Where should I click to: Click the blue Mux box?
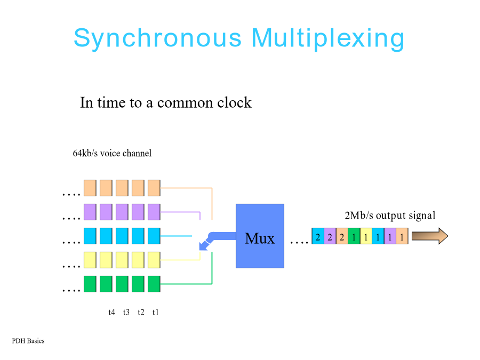click(260, 236)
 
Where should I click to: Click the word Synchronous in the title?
click(158, 38)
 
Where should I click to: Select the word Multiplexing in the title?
click(328, 38)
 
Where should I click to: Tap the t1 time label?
click(156, 312)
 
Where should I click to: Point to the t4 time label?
click(112, 312)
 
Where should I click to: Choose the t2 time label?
click(141, 312)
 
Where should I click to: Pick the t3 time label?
click(126, 312)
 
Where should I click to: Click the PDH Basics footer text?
click(28, 341)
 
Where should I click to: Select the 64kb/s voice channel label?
click(112, 153)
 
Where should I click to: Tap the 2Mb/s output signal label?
click(390, 215)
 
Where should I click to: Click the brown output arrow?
click(430, 236)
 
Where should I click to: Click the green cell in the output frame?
click(354, 236)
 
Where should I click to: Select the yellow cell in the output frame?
click(366, 236)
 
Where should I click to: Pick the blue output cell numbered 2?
click(318, 236)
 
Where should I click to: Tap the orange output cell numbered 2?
click(342, 236)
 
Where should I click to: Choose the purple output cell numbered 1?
click(390, 236)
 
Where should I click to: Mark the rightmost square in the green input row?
click(154, 284)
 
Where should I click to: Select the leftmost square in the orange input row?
click(90, 188)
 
